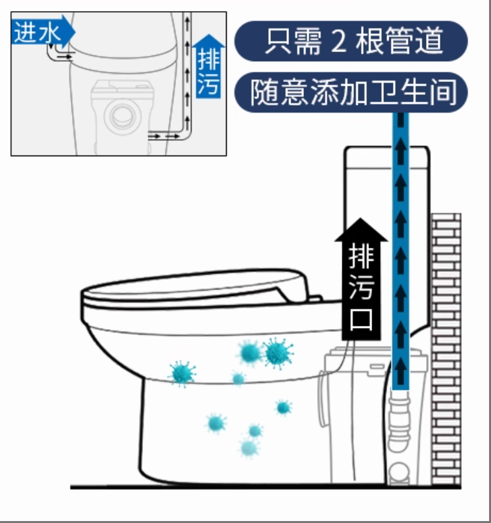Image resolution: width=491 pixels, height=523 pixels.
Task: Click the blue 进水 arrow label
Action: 43,32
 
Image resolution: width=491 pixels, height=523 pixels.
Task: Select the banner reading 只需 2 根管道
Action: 351,41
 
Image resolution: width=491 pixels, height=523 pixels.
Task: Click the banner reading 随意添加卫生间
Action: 351,92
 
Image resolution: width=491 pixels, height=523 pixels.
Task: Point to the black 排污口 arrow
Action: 361,280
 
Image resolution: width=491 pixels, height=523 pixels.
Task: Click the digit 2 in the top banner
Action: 338,42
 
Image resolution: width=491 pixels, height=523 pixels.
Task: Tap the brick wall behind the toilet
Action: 446,349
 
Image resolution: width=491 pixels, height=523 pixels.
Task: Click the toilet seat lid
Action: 197,288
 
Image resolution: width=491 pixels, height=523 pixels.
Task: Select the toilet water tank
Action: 386,234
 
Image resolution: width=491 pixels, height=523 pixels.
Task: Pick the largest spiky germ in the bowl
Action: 278,353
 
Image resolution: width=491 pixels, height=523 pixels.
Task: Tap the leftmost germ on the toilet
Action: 182,373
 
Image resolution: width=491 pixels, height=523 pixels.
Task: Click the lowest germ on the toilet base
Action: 249,448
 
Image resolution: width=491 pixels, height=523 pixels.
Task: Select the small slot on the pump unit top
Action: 377,367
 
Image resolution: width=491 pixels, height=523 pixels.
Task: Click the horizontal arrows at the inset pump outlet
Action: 164,136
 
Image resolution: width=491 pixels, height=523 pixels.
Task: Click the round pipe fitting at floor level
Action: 399,473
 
